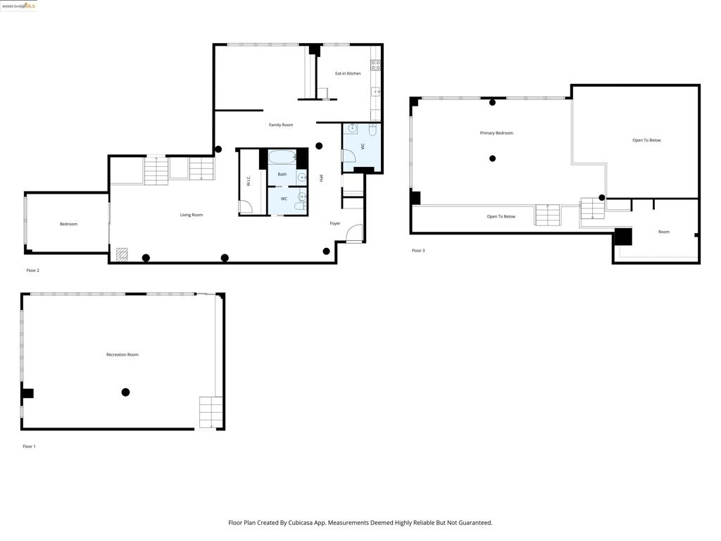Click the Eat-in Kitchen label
point(348,73)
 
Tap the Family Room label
point(281,125)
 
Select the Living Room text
point(191,215)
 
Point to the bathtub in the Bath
point(282,157)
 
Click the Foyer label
point(335,223)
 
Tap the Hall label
point(322,178)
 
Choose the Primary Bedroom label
point(496,133)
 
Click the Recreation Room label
point(122,354)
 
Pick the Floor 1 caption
point(29,447)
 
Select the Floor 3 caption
point(418,251)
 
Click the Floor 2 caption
point(32,270)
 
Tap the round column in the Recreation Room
point(125,392)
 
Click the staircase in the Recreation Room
point(211,412)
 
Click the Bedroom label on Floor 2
point(68,224)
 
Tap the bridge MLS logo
point(19,6)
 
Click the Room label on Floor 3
point(664,232)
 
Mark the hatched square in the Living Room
point(122,253)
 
